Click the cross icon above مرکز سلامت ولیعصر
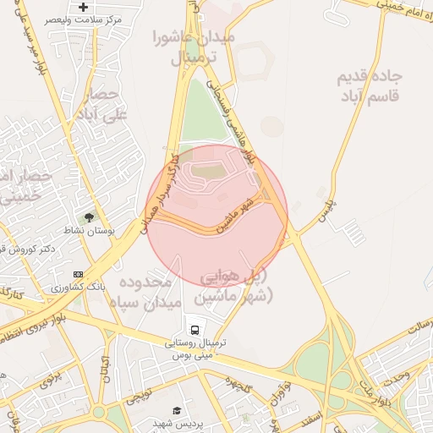pyautogui.click(x=83, y=8)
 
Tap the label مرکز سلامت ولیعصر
pyautogui.click(x=88, y=19)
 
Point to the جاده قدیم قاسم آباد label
pyautogui.click(x=369, y=85)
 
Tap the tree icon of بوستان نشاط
pyautogui.click(x=90, y=218)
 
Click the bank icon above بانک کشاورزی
pyautogui.click(x=79, y=275)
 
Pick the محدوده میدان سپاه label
pyautogui.click(x=145, y=290)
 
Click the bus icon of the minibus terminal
pyautogui.click(x=195, y=330)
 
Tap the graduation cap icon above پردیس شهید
pyautogui.click(x=177, y=410)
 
